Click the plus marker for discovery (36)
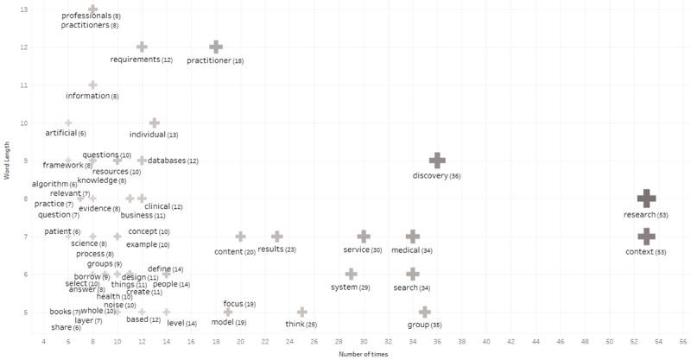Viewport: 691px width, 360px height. click(x=437, y=161)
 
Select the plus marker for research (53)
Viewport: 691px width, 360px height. click(x=645, y=198)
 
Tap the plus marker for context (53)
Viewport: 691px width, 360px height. click(x=645, y=236)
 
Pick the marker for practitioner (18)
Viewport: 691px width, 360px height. click(x=216, y=47)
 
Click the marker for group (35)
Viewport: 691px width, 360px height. click(x=424, y=312)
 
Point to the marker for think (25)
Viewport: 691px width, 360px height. click(x=302, y=312)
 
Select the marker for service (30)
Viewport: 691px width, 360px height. click(x=364, y=236)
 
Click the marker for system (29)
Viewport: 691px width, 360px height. click(x=351, y=274)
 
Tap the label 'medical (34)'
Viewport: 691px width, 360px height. click(x=412, y=250)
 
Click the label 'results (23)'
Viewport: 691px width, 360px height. click(x=277, y=249)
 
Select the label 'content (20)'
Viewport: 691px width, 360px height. click(x=235, y=251)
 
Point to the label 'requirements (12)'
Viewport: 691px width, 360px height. click(x=142, y=60)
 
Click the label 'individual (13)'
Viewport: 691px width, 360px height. click(x=154, y=135)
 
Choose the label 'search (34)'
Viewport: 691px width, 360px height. click(x=412, y=287)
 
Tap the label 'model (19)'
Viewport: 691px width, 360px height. click(x=229, y=323)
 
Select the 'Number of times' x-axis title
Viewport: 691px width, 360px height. click(x=364, y=353)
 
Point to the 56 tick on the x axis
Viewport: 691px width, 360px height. click(x=682, y=342)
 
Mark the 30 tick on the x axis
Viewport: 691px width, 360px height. click(x=364, y=342)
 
